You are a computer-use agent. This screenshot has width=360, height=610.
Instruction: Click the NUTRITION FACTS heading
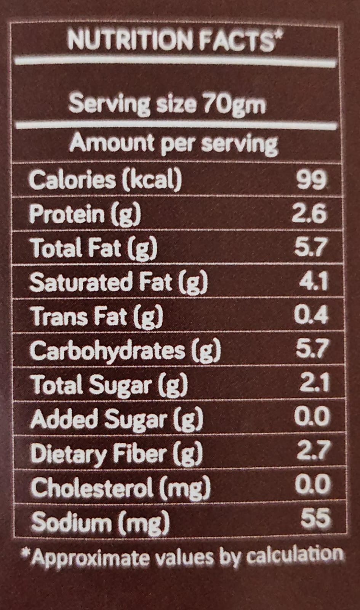click(x=175, y=40)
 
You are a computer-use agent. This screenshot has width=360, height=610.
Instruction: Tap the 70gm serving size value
click(x=234, y=104)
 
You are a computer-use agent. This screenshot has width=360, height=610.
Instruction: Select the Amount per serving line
click(x=174, y=144)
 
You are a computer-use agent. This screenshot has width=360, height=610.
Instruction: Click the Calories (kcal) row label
click(x=105, y=180)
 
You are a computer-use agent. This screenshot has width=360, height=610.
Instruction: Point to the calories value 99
click(x=312, y=180)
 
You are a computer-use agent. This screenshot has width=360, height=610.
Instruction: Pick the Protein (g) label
click(x=85, y=214)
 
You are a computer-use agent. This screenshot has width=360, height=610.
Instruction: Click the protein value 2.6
click(x=309, y=214)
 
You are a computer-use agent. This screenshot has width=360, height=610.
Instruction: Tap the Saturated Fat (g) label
click(x=118, y=283)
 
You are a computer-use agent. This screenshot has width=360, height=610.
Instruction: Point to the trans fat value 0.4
click(x=311, y=316)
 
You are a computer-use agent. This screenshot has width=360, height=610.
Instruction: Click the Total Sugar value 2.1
click(x=314, y=384)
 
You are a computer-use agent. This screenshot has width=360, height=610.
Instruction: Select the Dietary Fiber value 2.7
click(x=312, y=451)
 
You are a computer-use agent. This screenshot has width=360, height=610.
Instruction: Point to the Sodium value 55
click(x=315, y=519)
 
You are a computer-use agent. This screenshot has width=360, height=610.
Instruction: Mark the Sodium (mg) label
click(x=100, y=522)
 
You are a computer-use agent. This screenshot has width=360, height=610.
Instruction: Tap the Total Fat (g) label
click(x=94, y=248)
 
